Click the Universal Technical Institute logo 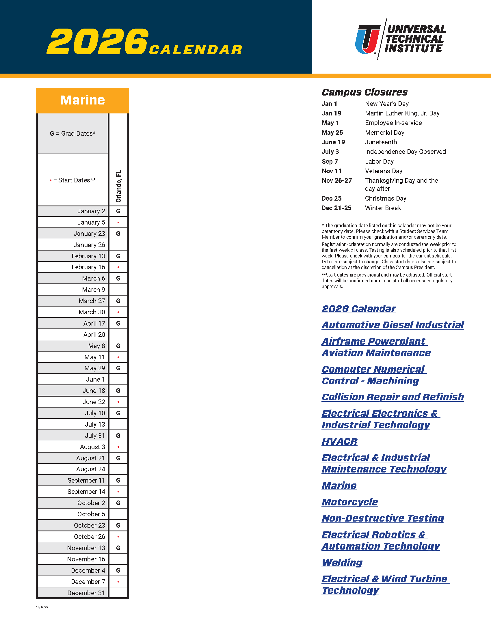(400, 39)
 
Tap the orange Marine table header (82, 100)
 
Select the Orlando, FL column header (118, 186)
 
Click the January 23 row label (89, 234)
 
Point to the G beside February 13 (118, 256)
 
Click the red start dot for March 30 (118, 312)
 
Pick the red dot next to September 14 (118, 492)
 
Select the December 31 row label (86, 593)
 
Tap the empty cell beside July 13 (118, 425)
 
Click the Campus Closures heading (364, 92)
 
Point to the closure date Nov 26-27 (336, 181)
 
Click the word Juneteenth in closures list (381, 142)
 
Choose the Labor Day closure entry (379, 161)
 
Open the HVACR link (339, 441)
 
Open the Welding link (342, 563)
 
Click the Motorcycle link (350, 502)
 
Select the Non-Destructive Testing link (383, 518)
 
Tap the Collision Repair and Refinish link (393, 397)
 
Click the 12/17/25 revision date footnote (42, 607)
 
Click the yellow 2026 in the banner (97, 41)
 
